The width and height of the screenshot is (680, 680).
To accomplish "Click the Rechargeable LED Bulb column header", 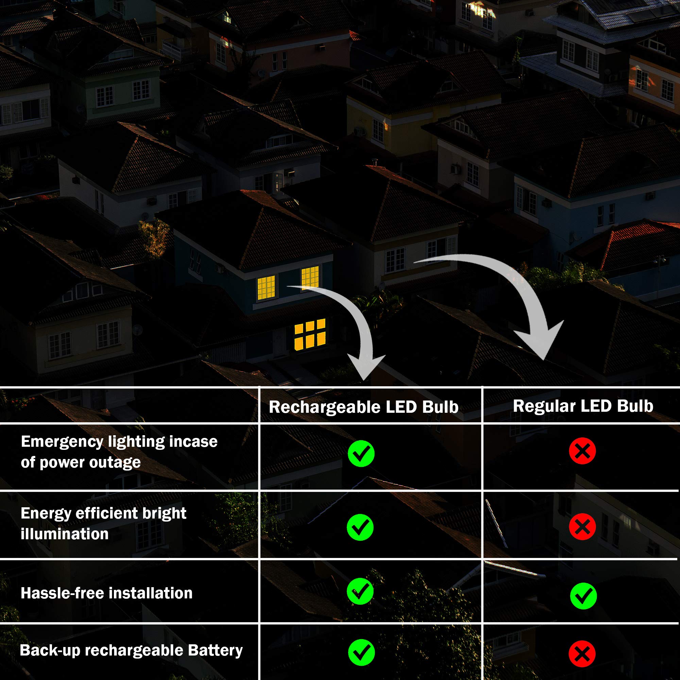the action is [363, 407].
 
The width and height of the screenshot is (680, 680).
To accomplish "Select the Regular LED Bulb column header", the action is [583, 406].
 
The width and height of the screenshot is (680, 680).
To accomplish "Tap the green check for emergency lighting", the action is [361, 453].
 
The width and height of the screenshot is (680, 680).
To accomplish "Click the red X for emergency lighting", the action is [582, 451].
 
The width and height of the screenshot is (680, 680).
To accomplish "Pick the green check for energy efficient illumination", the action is [360, 527].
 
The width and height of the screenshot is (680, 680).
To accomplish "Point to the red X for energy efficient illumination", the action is [582, 527].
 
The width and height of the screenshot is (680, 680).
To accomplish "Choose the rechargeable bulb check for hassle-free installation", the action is [360, 591].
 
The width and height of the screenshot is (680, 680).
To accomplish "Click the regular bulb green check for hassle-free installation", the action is [583, 596].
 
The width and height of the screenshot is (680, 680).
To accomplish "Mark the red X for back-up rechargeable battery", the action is [582, 653].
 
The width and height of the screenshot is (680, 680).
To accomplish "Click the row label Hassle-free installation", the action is [107, 593].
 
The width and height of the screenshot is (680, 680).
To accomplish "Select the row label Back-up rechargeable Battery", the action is [131, 650].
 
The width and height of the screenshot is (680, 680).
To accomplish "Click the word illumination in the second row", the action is [65, 534].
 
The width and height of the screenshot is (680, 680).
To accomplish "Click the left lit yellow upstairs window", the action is [266, 288].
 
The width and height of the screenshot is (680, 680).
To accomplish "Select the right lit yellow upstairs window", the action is [310, 277].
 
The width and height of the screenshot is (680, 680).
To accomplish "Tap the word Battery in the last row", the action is [216, 650].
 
